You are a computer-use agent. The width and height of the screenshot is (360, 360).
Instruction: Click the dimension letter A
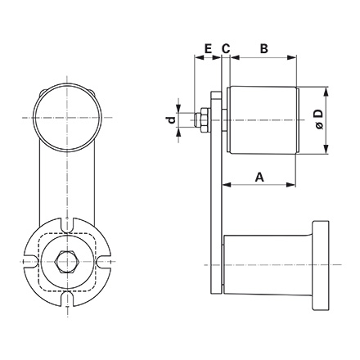click(x=259, y=176)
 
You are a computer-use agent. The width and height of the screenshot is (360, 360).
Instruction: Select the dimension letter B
click(x=263, y=49)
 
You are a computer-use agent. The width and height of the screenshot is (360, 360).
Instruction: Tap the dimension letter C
click(x=225, y=49)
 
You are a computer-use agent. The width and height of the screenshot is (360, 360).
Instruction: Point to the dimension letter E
click(x=208, y=49)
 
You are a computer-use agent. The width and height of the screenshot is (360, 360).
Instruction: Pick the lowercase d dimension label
click(x=171, y=120)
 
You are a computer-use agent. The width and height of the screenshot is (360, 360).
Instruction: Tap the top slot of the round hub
click(x=66, y=223)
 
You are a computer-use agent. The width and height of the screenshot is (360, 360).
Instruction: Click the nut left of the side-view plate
click(x=200, y=120)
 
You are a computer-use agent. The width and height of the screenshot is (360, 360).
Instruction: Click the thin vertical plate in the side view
click(x=216, y=196)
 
